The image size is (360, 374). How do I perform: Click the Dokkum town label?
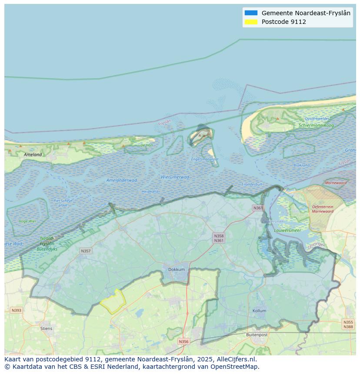177,269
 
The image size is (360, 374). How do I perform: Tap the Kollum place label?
259,311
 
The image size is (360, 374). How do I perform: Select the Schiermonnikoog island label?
316,126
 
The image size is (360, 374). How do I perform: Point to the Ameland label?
33,155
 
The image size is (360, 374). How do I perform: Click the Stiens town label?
46,328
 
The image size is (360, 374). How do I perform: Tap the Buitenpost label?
257,335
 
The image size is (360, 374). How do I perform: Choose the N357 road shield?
86,251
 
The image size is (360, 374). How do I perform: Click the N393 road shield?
16,310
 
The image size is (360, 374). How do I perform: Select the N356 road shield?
183,341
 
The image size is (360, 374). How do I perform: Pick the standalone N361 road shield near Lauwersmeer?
258,208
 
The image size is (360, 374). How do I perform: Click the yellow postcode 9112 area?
113,301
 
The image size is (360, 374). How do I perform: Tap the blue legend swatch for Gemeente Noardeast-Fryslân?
251,13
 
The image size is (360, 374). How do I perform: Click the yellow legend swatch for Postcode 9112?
251,22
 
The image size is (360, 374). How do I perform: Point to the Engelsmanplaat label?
204,159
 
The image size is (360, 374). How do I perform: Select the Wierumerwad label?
175,177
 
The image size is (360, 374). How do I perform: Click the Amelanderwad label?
121,180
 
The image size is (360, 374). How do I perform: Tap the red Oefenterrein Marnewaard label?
323,209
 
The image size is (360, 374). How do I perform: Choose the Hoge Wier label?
27,221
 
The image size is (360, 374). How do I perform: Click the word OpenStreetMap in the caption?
235,367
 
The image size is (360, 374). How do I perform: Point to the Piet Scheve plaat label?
63,203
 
